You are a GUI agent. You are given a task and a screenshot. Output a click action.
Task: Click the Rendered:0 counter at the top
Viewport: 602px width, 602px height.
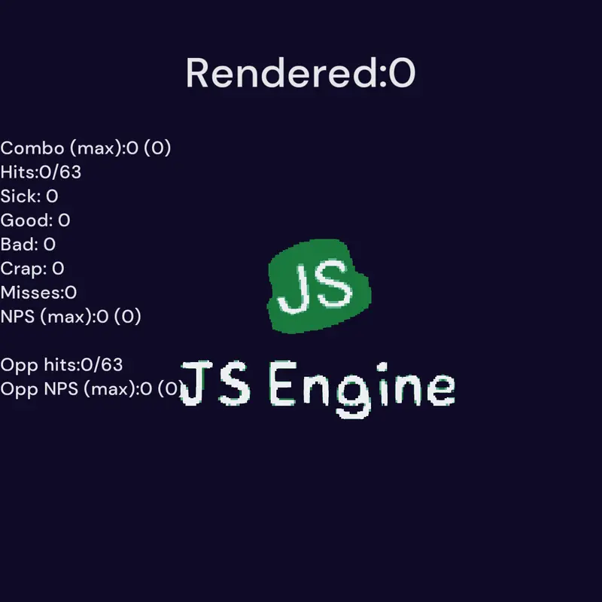[300, 73]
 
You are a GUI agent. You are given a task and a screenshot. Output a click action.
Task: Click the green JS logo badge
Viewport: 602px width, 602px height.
[318, 286]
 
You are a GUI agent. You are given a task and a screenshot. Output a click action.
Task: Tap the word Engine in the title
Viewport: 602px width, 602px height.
[363, 389]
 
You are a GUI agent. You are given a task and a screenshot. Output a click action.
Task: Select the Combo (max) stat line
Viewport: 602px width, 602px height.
[86, 148]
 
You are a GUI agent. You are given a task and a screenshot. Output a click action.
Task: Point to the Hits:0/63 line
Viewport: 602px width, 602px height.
[41, 172]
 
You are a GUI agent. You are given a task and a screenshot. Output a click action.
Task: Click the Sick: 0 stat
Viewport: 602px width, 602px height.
[29, 196]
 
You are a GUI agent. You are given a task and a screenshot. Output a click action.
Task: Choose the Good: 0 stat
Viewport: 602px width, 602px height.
[35, 220]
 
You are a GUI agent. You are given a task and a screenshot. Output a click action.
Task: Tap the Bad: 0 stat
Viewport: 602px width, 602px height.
[28, 245]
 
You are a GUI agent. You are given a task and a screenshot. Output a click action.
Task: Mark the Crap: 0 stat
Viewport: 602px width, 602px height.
[32, 269]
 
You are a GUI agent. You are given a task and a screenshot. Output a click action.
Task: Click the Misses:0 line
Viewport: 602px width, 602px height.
[38, 293]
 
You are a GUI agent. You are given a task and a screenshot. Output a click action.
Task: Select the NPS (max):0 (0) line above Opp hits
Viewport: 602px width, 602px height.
[71, 317]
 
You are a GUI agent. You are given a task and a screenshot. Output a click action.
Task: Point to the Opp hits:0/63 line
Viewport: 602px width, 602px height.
[62, 365]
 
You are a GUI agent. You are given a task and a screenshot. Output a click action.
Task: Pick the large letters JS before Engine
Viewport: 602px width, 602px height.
[216, 383]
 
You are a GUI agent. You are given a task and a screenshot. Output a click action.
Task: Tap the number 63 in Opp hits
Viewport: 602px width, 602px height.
[111, 364]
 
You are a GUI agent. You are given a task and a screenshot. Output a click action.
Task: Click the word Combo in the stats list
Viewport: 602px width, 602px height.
[32, 148]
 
